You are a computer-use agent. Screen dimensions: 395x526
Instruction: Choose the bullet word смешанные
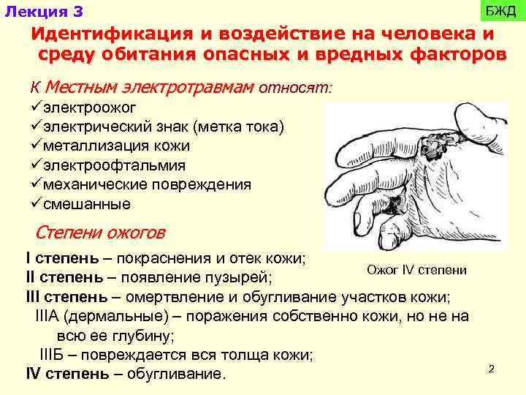(x=87, y=203)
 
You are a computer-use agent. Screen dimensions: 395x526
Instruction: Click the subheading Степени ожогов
(x=100, y=233)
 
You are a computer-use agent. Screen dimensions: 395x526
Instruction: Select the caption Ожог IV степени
(x=416, y=271)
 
